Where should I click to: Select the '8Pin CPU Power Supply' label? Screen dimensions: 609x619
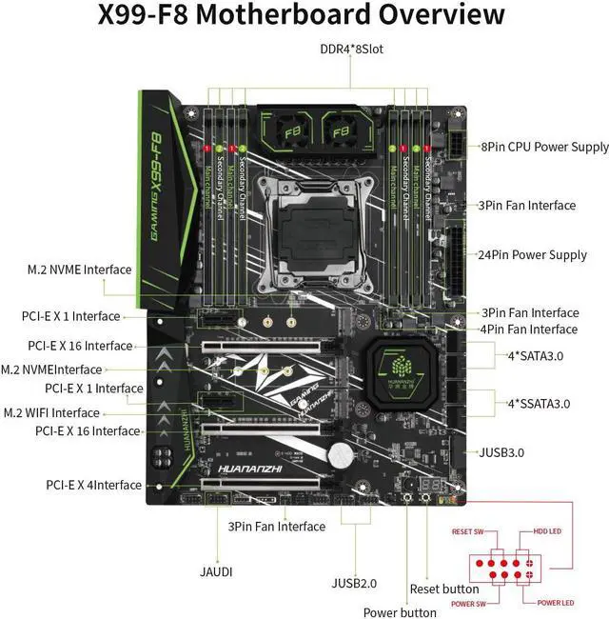(544, 147)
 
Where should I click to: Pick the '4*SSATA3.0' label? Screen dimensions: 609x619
(539, 404)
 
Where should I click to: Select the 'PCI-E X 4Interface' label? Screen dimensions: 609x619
(93, 485)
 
